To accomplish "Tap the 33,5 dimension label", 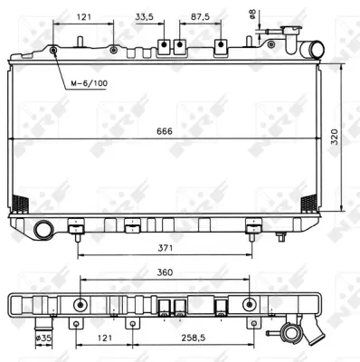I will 144,16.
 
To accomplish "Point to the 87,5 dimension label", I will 200,16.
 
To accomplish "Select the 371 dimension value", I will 165,247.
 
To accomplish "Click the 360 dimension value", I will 165,271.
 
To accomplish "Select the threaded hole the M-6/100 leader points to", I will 55,51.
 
